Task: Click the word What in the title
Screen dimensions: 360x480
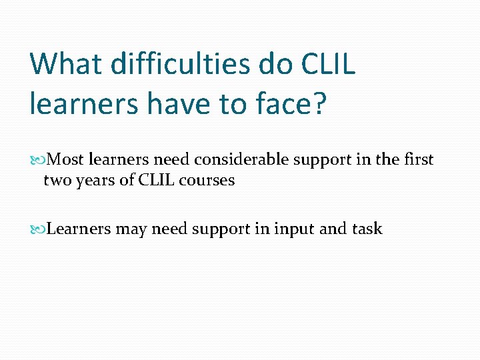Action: pos(65,65)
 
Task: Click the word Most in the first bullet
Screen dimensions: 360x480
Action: pos(66,160)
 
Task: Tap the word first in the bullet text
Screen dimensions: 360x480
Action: pos(417,160)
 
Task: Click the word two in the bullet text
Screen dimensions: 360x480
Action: pos(56,181)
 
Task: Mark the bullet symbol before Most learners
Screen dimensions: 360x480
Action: pos(43,161)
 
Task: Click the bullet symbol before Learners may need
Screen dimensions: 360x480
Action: pos(43,229)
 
